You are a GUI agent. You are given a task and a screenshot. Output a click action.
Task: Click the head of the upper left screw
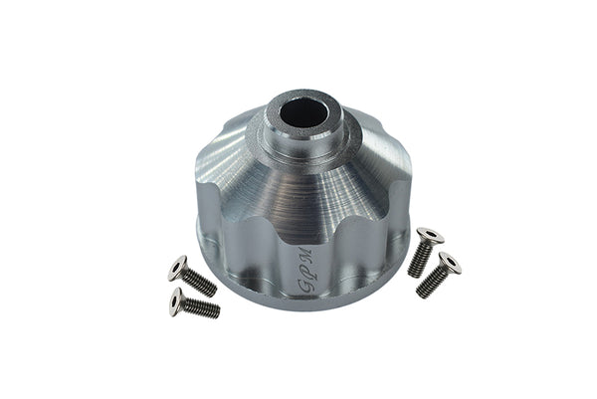(178, 266)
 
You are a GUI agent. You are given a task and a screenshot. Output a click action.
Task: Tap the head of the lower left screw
(177, 299)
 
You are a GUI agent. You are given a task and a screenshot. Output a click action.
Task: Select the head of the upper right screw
(429, 237)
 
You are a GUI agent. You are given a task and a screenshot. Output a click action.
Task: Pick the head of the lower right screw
(449, 263)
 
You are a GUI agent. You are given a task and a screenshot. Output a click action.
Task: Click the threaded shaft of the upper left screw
(200, 282)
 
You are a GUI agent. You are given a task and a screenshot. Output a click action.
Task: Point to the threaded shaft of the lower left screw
(202, 308)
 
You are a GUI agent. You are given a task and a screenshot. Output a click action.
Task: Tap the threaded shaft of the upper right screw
(419, 259)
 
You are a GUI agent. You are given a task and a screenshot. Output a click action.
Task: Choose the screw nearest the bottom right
(439, 274)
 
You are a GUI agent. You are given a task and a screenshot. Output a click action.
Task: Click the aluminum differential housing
(298, 209)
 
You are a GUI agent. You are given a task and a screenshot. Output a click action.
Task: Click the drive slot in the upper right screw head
(429, 237)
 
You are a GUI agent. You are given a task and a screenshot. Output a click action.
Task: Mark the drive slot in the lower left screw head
(177, 299)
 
